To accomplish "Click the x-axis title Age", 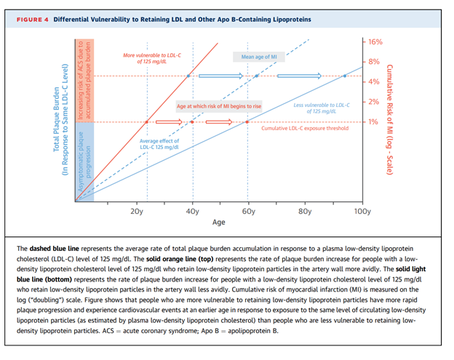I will pos(218,223).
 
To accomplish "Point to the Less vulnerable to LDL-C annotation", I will pos(320,108).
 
